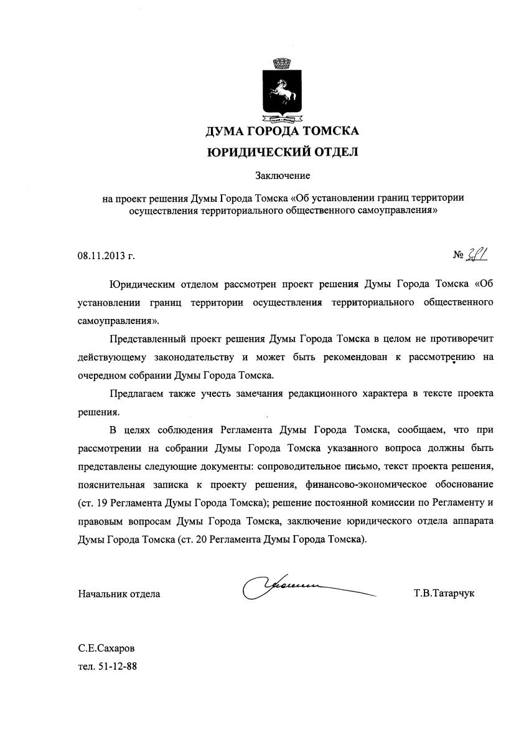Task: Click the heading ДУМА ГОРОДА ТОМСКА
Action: (x=283, y=131)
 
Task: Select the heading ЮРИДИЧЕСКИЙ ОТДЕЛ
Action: (x=283, y=151)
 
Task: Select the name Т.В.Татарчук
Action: (x=443, y=594)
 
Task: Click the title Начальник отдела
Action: (x=119, y=594)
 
